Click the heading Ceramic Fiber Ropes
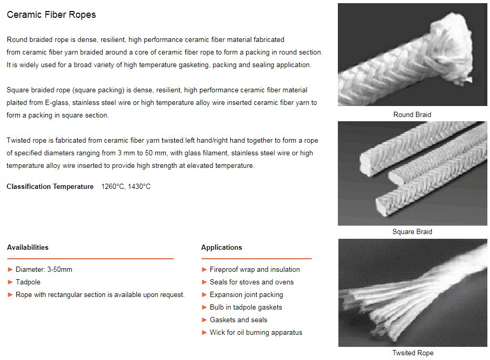[x=51, y=15]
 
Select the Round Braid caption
[x=412, y=114]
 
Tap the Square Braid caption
[x=412, y=231]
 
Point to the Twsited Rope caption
[x=412, y=353]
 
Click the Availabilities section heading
[x=28, y=247]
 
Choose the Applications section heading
[x=221, y=247]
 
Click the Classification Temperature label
[x=50, y=186]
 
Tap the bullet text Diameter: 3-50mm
[x=44, y=269]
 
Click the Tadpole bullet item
[x=28, y=282]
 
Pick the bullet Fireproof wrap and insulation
[x=255, y=269]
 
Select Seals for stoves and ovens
[x=252, y=282]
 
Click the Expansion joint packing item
[x=247, y=294]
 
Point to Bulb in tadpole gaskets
[x=246, y=307]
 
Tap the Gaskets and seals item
[x=239, y=320]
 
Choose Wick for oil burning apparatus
[x=256, y=332]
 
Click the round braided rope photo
[x=412, y=55]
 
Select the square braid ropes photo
[x=412, y=173]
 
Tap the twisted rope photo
[x=412, y=292]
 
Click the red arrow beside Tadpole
[x=10, y=282]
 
